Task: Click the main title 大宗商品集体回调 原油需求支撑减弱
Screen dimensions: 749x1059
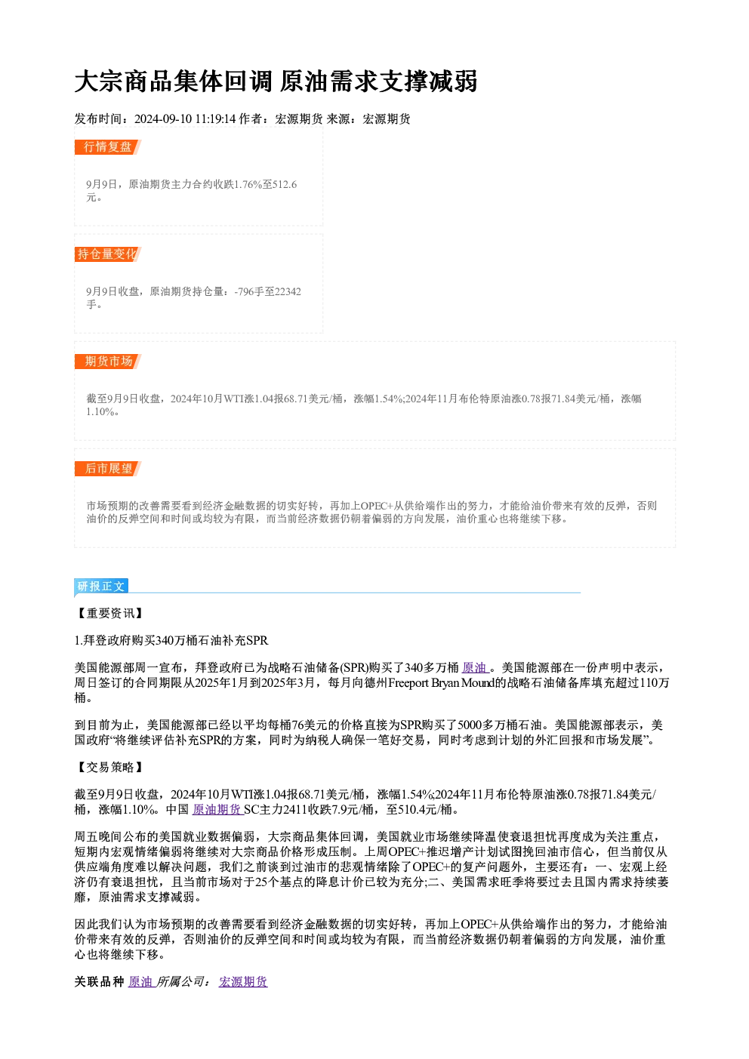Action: tap(276, 82)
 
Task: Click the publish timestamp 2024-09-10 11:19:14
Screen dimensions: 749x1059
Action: tap(185, 119)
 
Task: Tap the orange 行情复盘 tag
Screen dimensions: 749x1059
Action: tap(108, 147)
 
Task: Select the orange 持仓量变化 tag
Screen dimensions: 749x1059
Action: tap(108, 254)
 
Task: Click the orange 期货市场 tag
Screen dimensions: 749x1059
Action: tap(108, 362)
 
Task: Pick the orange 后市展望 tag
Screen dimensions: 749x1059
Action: tap(108, 469)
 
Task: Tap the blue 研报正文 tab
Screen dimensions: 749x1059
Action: tap(101, 586)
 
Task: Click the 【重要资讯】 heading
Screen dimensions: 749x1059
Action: tap(109, 614)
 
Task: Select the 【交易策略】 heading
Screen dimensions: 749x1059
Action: tap(109, 768)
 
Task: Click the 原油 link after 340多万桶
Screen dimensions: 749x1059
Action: tap(475, 667)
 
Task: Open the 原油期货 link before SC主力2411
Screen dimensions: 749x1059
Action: tap(217, 810)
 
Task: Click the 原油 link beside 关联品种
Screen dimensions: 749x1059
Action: tap(141, 982)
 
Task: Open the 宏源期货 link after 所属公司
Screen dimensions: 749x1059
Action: tap(243, 982)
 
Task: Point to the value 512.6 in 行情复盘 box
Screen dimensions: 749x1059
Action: tap(285, 184)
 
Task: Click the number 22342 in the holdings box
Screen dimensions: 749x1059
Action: tap(288, 291)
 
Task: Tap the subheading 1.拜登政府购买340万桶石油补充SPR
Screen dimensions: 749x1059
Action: tap(171, 641)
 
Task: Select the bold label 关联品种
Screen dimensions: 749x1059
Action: tap(100, 982)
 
